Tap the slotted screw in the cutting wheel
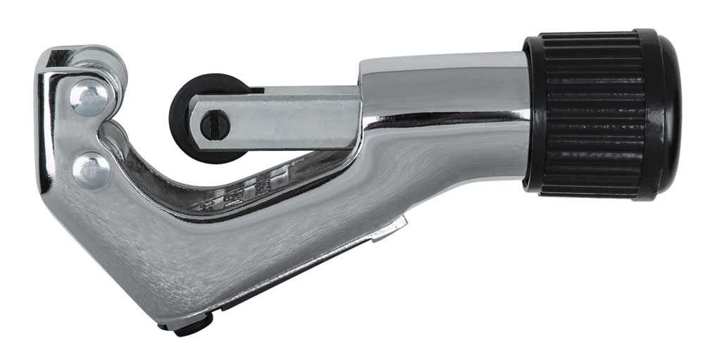tap(216, 125)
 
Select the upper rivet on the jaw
tap(89, 99)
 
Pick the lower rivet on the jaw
tap(92, 170)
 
